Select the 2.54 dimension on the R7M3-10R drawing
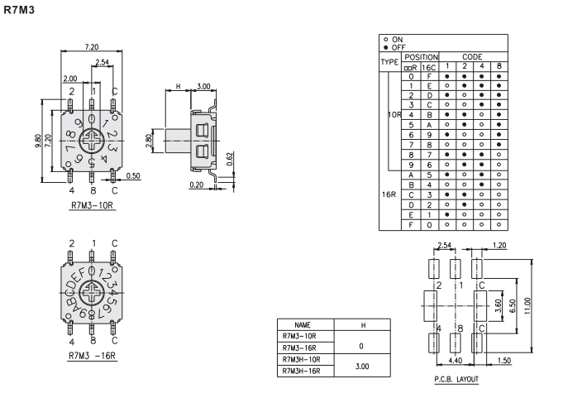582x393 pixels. click(102, 63)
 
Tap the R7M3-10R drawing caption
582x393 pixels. click(92, 203)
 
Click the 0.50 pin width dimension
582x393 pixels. click(133, 175)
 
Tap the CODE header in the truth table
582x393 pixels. click(471, 56)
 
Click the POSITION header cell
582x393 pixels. click(420, 56)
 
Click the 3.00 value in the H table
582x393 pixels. click(362, 365)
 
